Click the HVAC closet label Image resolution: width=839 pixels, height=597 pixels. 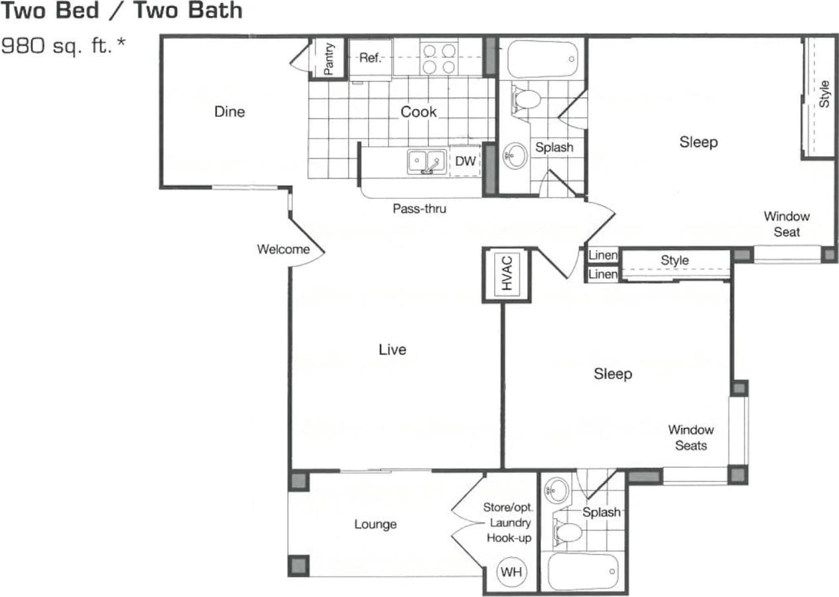tap(507, 273)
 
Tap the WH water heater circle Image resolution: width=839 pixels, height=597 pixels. tap(509, 572)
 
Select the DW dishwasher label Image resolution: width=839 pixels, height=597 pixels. tap(465, 161)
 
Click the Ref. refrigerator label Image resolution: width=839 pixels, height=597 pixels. tap(370, 58)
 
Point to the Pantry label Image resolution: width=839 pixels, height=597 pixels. tap(328, 58)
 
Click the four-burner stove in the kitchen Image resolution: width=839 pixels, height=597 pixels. tap(439, 58)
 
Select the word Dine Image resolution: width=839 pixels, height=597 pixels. tap(229, 111)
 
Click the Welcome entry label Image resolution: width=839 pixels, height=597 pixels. tap(283, 249)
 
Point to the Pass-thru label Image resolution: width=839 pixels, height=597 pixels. tap(419, 209)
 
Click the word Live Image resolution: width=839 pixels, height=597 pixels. tap(392, 349)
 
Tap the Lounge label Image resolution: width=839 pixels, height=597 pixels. tap(375, 524)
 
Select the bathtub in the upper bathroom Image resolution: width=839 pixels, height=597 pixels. tap(543, 60)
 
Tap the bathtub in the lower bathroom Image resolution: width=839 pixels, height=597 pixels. tap(584, 571)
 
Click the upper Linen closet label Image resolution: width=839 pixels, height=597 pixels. tap(603, 255)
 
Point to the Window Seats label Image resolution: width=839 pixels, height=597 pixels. tap(690, 437)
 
